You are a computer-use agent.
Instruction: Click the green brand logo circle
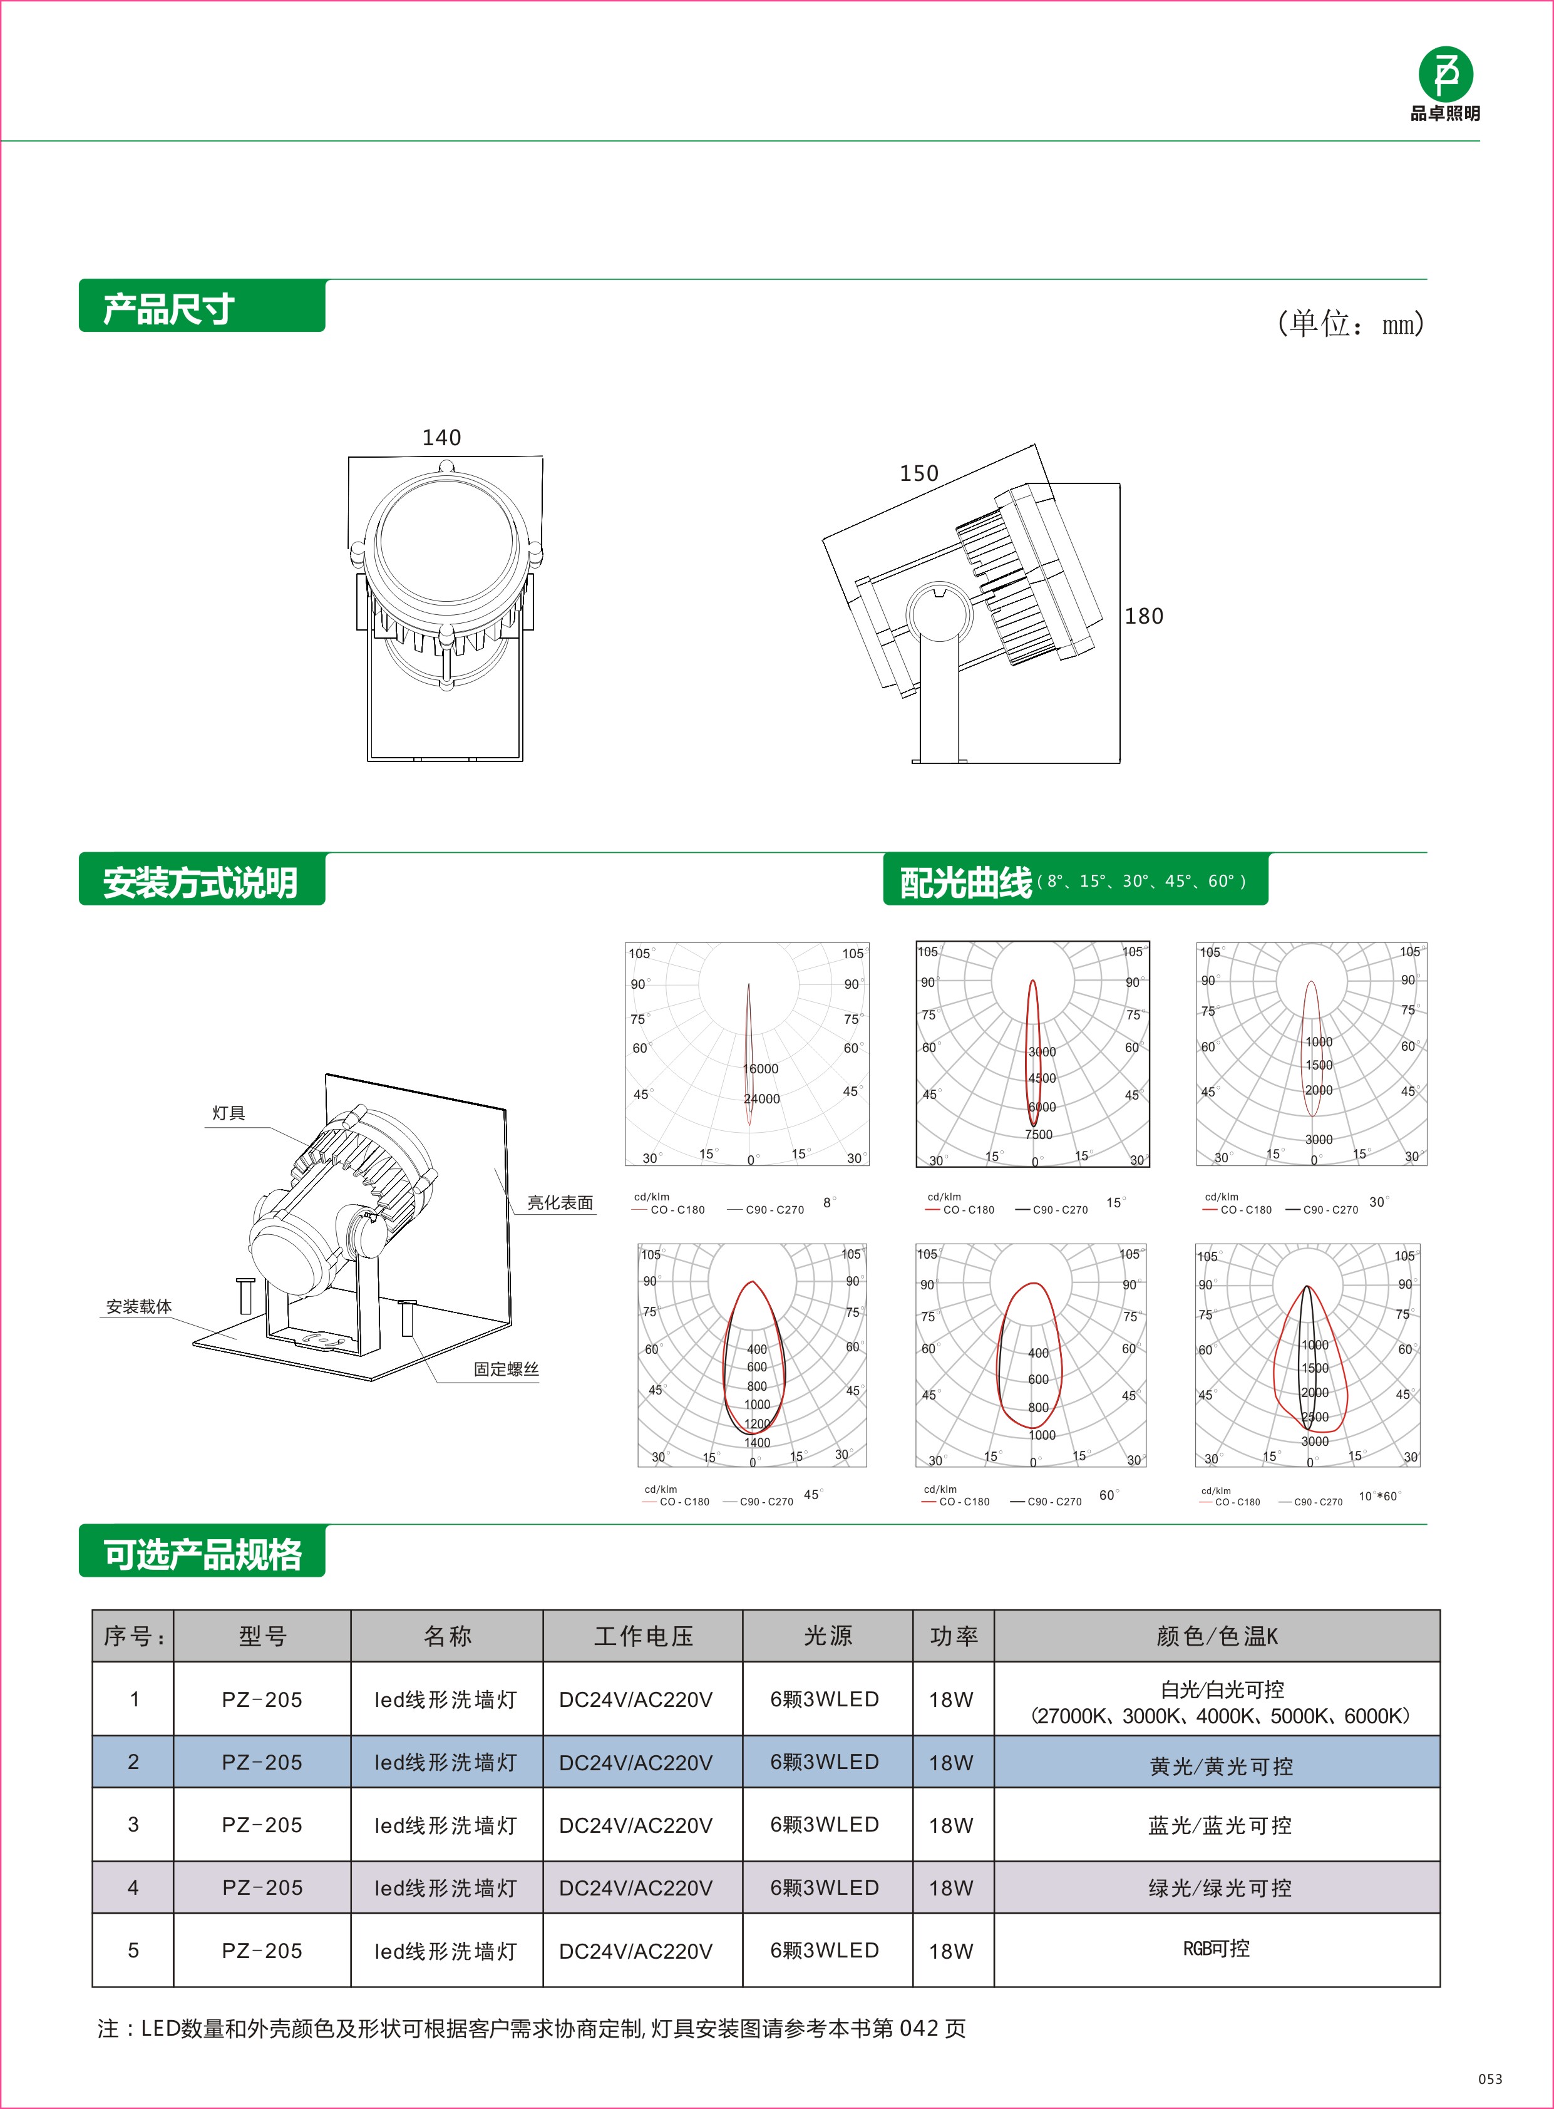point(1445,73)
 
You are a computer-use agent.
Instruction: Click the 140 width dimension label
point(441,438)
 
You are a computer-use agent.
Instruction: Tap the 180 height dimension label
point(1144,616)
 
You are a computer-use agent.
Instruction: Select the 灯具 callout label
point(229,1113)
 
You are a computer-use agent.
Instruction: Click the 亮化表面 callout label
point(560,1202)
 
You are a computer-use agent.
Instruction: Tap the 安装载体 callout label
point(138,1307)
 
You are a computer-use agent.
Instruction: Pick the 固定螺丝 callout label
point(506,1369)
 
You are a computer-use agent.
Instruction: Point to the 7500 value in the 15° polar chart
point(1039,1135)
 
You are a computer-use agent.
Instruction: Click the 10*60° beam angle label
point(1378,1496)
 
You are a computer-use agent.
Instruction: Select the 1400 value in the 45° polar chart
point(757,1442)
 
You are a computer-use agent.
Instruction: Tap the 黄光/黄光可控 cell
point(1220,1766)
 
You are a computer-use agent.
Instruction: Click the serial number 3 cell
point(133,1825)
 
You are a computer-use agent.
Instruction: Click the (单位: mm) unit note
point(1350,324)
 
